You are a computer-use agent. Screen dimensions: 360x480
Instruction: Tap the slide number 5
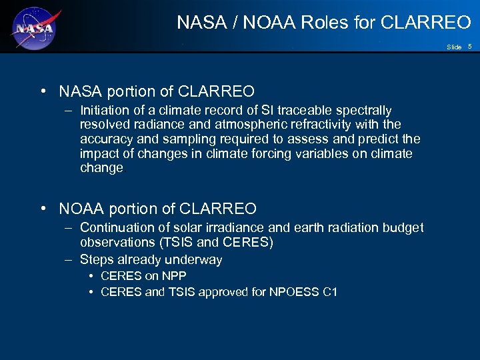point(469,46)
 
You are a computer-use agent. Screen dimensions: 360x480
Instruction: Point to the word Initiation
point(105,110)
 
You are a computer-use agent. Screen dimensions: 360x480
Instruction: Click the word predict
point(381,139)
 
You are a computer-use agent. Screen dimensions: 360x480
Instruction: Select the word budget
point(403,228)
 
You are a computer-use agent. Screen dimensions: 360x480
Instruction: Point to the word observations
point(114,243)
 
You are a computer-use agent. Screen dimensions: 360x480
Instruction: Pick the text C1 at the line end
point(329,291)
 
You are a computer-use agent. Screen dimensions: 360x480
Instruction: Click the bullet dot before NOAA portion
point(43,209)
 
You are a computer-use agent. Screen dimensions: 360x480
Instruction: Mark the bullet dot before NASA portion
point(43,91)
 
